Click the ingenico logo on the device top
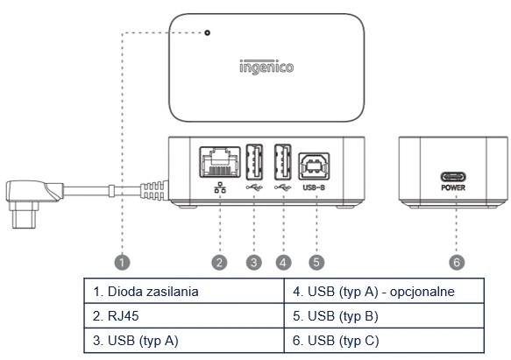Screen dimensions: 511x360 click(x=266, y=67)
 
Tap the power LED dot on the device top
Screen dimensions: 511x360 click(x=207, y=32)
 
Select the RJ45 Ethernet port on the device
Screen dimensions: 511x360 click(x=220, y=162)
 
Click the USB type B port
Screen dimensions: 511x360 click(x=314, y=166)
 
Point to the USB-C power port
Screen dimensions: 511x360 click(x=453, y=177)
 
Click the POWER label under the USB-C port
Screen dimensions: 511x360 click(x=453, y=187)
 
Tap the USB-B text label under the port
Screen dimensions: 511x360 click(x=314, y=187)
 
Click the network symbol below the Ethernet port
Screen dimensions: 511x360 click(x=220, y=187)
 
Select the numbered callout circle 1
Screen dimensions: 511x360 click(x=122, y=262)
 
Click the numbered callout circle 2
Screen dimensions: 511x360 click(x=219, y=262)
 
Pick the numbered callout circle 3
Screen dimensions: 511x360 click(x=254, y=262)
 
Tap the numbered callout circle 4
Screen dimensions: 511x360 click(x=283, y=262)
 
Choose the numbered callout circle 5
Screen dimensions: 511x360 click(x=316, y=262)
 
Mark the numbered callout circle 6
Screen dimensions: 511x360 click(x=457, y=262)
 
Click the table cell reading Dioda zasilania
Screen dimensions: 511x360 click(x=184, y=291)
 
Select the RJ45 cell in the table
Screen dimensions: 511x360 click(x=184, y=315)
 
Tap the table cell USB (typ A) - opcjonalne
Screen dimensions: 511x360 click(x=384, y=291)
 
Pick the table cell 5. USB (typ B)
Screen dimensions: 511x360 click(x=384, y=315)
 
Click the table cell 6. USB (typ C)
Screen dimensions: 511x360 click(x=384, y=341)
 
